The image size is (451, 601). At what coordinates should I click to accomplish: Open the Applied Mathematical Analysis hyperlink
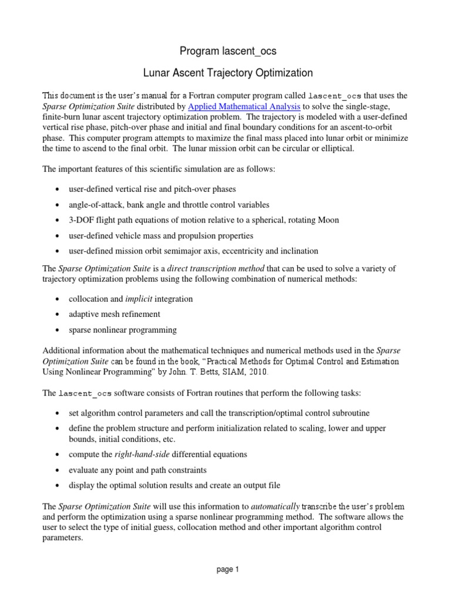coord(244,106)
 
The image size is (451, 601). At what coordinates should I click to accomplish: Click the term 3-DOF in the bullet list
coord(81,220)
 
